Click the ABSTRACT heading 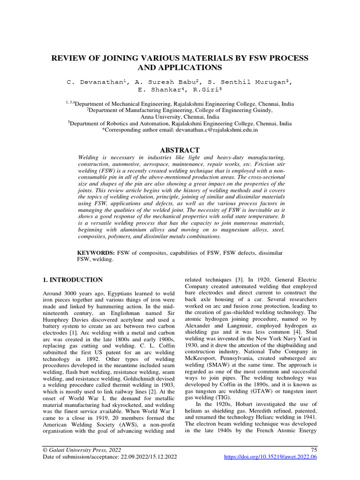[180, 150]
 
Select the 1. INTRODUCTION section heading [73, 280]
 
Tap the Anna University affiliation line [180, 117]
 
